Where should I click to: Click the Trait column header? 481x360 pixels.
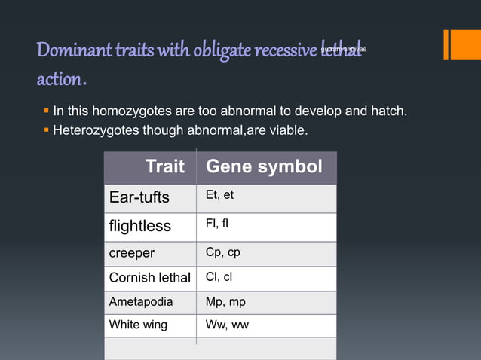coord(164,166)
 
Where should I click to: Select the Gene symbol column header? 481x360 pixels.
coord(264,166)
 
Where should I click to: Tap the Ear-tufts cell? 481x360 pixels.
coord(139,198)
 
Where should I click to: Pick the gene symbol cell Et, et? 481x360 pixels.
coord(219,195)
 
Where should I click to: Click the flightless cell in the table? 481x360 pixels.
coord(140,226)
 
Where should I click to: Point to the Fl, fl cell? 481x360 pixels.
coord(218,224)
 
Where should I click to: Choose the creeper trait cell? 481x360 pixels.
coord(132,253)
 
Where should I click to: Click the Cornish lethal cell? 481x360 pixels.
coord(149,278)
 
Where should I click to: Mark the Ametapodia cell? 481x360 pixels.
coord(141,302)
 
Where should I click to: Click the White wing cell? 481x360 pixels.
coord(139,325)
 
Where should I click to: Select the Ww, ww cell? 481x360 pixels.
coord(227,325)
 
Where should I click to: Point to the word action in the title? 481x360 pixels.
coord(60,78)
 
